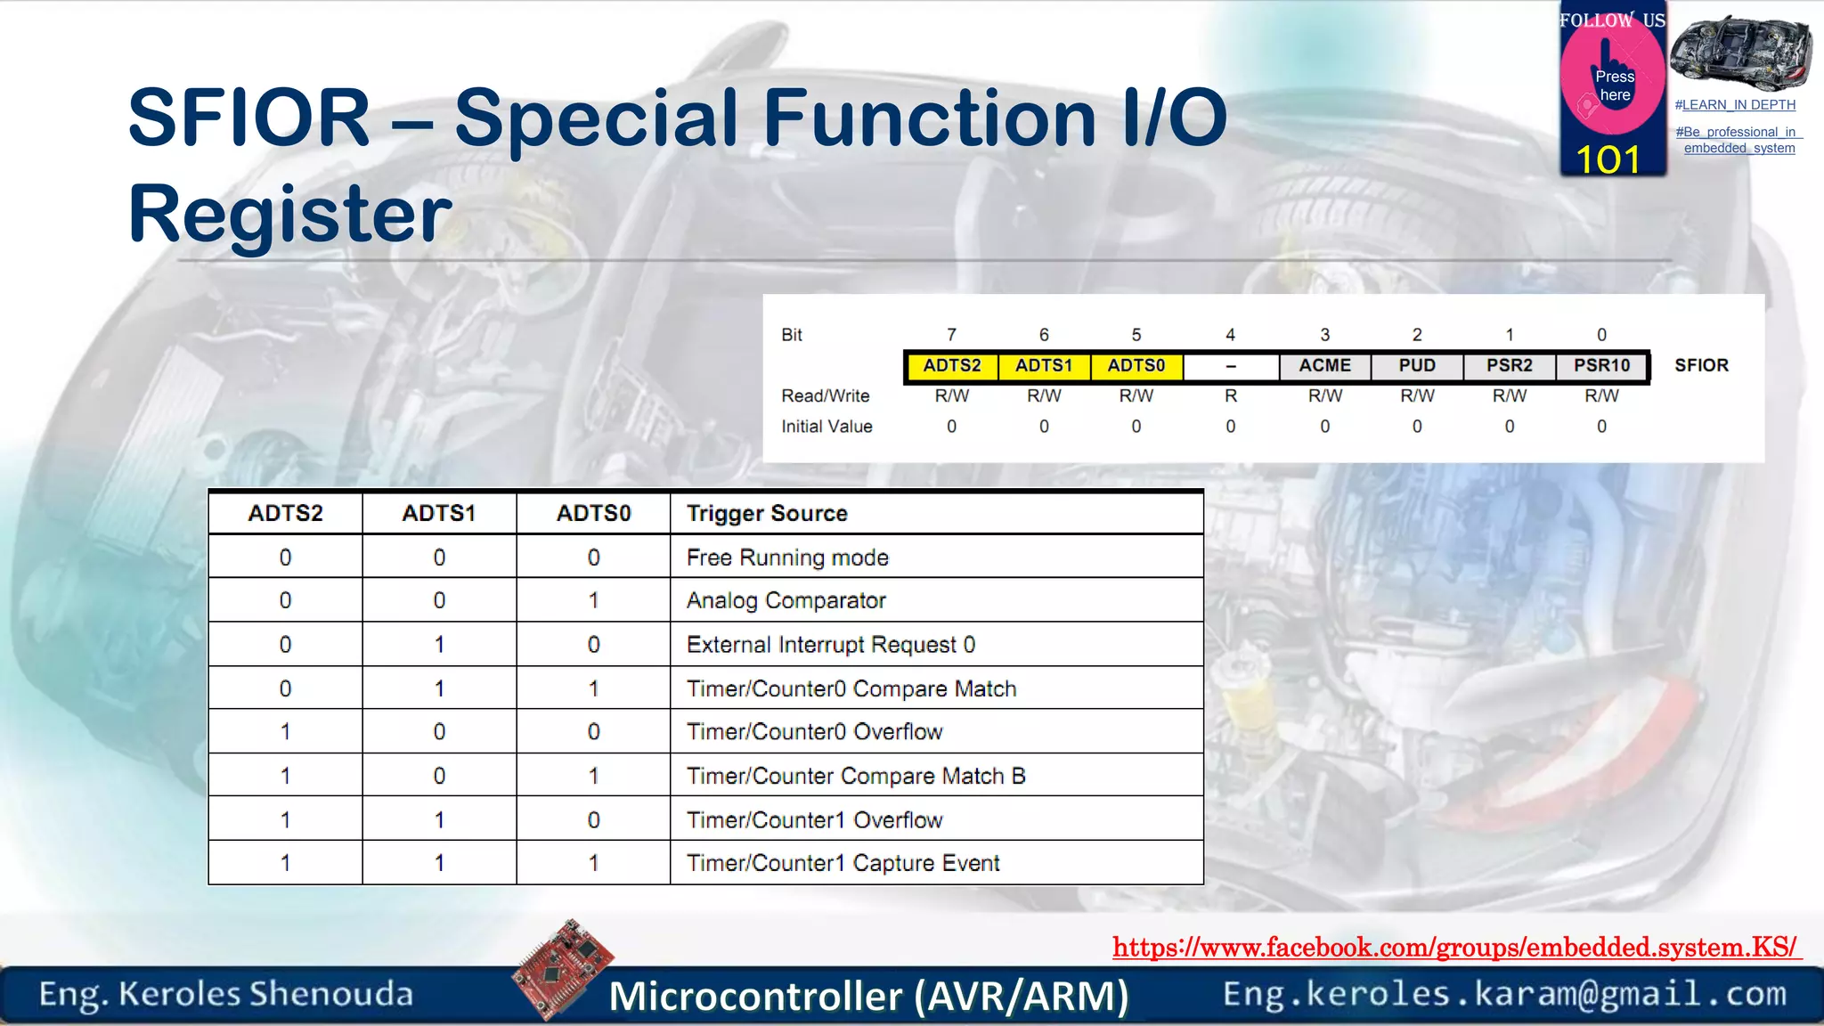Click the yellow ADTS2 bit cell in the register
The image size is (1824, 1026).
point(951,366)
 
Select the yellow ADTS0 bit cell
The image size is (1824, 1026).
point(1136,366)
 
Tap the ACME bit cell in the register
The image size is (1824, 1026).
point(1324,366)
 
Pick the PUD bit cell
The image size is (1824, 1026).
point(1417,366)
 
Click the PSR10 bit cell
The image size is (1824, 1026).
point(1601,366)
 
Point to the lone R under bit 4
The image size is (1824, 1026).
point(1230,396)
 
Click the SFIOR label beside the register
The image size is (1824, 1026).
point(1701,365)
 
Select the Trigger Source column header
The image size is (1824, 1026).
point(767,514)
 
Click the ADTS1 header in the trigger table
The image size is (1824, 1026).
point(439,514)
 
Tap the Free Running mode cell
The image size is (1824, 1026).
point(787,558)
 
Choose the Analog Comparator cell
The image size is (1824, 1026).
point(786,601)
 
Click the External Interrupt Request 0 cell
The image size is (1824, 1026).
point(830,645)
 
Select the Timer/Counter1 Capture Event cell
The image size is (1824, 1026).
point(843,863)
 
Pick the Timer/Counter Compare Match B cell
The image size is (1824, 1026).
point(855,777)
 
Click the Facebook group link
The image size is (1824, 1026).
point(1454,948)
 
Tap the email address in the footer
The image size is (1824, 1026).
point(1504,994)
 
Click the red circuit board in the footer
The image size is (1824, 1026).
point(563,969)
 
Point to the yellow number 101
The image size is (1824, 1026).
point(1608,160)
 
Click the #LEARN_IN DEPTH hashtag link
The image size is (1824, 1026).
point(1735,105)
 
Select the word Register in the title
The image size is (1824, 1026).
point(290,214)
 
